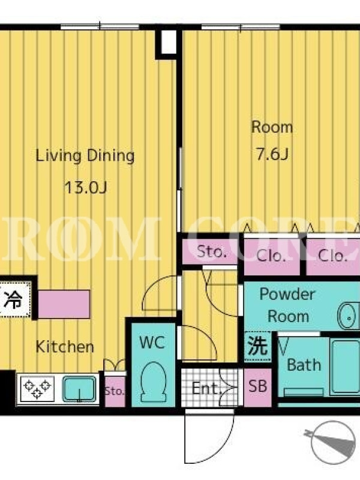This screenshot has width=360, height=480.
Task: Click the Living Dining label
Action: coord(85,155)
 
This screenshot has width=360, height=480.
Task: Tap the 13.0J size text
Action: coord(85,187)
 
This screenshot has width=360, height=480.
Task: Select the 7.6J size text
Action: coord(272,154)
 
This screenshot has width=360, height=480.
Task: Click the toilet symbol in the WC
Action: coord(153,383)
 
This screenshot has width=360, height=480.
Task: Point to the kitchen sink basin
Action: coord(79,389)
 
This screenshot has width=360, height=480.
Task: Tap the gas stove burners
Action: coord(37,388)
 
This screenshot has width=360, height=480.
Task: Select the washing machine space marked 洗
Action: coord(258,346)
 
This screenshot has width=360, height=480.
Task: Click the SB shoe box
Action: coord(257,387)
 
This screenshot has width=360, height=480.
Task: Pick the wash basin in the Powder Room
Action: coord(349,317)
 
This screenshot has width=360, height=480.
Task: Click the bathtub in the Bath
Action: coord(345,367)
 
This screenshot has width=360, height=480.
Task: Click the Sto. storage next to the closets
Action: coord(211,251)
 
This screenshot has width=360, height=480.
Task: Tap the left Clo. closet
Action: coord(272,256)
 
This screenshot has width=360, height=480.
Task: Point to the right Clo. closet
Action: coord(333,256)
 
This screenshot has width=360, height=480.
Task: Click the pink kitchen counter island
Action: coord(64,304)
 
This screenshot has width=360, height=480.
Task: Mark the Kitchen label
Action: coord(65,347)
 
